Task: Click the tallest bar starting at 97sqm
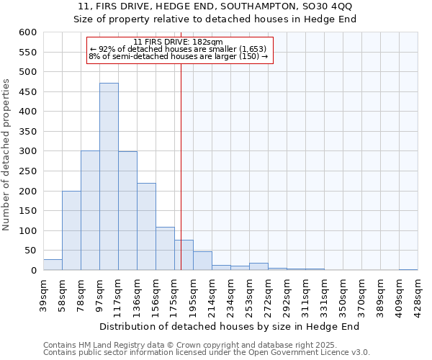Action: coord(109,176)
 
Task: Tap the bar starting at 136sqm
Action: coord(146,227)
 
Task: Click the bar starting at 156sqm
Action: coord(165,248)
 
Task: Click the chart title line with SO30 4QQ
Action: coord(215,6)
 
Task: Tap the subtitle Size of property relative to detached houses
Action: coord(215,19)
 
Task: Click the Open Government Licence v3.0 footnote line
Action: coord(207,353)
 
